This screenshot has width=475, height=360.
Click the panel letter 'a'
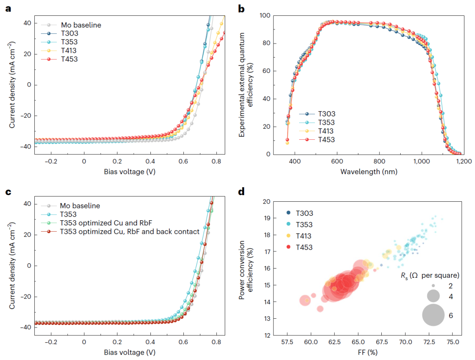(x=8, y=8)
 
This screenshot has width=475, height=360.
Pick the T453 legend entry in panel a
(x=69, y=58)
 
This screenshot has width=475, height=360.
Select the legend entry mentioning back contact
(x=130, y=231)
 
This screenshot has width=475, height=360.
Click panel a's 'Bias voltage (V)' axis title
(x=129, y=171)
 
